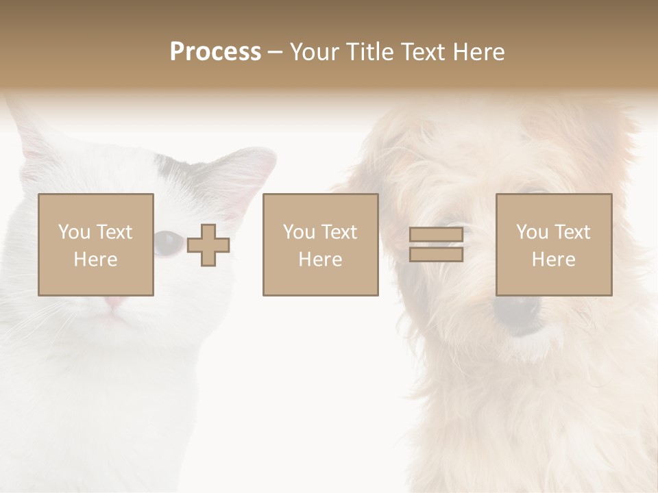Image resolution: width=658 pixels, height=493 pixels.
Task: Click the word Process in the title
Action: pyautogui.click(x=215, y=52)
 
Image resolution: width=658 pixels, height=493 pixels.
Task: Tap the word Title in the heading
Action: pyautogui.click(x=371, y=52)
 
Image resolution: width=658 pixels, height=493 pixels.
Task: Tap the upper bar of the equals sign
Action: pyautogui.click(x=436, y=235)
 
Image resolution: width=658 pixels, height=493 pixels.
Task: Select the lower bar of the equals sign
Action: pyautogui.click(x=436, y=254)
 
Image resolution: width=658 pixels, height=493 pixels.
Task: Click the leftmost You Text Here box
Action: pyautogui.click(x=96, y=245)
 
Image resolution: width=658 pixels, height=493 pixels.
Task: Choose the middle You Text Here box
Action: pyautogui.click(x=321, y=245)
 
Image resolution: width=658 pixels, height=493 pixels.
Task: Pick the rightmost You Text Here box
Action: pyautogui.click(x=554, y=245)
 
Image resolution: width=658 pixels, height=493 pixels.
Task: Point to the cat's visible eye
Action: pyautogui.click(x=167, y=242)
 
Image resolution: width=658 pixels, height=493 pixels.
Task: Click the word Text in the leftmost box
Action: pyautogui.click(x=114, y=232)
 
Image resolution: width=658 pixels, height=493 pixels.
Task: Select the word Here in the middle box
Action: pyautogui.click(x=321, y=259)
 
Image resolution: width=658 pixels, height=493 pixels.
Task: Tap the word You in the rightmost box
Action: pyautogui.click(x=532, y=232)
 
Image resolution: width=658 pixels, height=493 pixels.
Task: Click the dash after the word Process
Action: pyautogui.click(x=276, y=52)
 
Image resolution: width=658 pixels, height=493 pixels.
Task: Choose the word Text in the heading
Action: pyautogui.click(x=422, y=52)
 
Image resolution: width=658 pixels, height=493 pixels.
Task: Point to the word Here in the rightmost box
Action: pyautogui.click(x=554, y=259)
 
